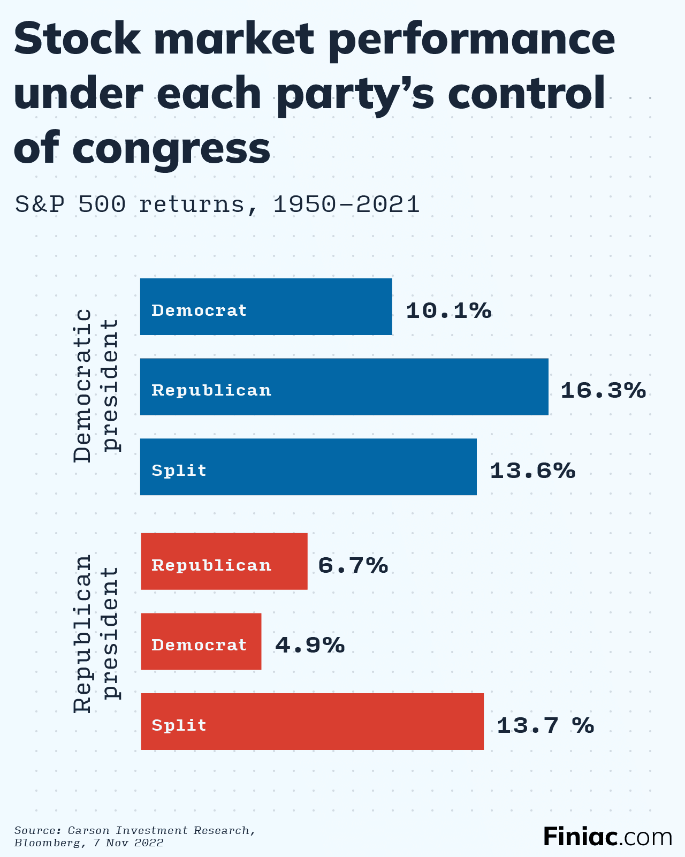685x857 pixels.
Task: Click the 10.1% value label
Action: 448,310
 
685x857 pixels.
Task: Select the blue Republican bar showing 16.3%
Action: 344,387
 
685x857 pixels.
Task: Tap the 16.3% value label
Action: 603,391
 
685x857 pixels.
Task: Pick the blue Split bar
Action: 308,467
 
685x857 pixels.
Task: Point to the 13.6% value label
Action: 532,471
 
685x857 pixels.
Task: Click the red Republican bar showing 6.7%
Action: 224,562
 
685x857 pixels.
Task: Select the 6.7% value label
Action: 353,565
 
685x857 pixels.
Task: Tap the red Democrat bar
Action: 201,641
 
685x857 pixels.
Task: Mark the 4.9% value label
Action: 310,646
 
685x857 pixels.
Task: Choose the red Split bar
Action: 312,722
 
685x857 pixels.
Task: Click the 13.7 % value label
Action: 545,726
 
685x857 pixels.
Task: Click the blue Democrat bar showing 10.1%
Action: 266,307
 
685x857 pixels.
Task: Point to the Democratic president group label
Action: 96,385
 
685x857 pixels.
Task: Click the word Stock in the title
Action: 78,40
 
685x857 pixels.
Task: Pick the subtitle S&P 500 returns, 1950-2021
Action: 217,204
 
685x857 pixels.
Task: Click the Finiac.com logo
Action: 607,836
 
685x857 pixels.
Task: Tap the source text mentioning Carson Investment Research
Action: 134,836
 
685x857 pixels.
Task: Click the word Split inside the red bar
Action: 179,725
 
